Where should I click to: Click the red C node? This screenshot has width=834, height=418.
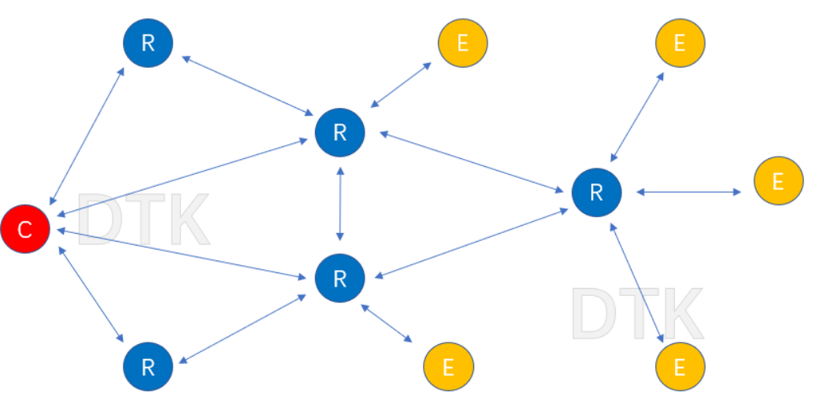click(x=25, y=229)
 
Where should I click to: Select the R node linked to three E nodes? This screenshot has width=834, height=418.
click(x=596, y=192)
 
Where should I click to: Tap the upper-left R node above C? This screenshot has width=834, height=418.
click(x=148, y=43)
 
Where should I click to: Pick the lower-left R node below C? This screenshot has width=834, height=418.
click(x=148, y=367)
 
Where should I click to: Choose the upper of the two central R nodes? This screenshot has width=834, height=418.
click(x=339, y=132)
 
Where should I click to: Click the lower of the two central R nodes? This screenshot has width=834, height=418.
click(x=339, y=278)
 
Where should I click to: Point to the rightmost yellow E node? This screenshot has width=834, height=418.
click(x=778, y=182)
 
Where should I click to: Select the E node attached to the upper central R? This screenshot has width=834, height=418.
click(x=462, y=43)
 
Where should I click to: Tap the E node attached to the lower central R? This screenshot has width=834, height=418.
click(x=448, y=367)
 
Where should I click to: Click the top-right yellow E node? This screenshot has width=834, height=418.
click(x=680, y=43)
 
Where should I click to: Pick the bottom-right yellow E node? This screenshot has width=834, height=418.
click(x=680, y=367)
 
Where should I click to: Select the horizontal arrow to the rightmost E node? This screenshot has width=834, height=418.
click(x=688, y=191)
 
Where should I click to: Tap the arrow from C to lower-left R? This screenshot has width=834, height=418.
click(x=91, y=294)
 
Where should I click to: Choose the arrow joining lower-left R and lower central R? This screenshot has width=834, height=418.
click(x=243, y=328)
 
